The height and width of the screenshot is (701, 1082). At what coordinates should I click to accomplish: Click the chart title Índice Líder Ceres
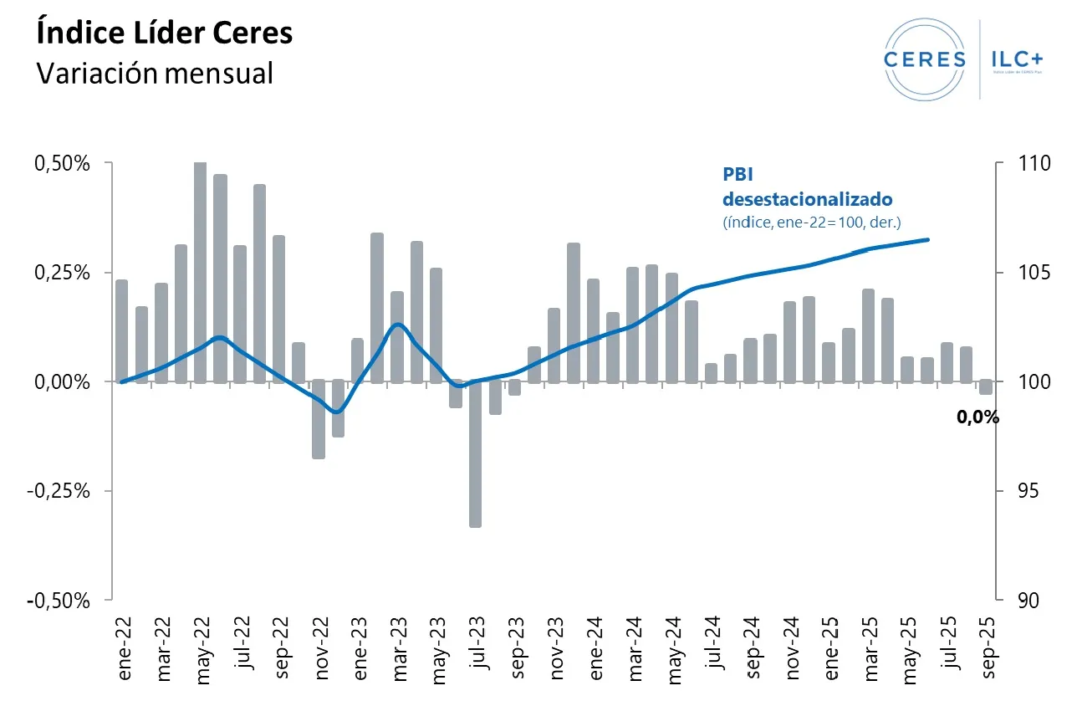point(164,33)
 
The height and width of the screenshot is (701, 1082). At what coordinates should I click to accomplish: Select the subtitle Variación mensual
point(155,73)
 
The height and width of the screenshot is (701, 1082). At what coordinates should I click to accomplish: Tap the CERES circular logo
point(922,59)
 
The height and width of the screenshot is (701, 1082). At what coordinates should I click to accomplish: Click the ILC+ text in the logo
point(1017,59)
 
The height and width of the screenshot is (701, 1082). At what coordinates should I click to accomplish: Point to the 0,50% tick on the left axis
point(60,163)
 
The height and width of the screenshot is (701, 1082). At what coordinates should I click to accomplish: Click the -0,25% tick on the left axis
point(58,491)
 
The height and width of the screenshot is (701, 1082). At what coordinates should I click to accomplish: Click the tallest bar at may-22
point(201,272)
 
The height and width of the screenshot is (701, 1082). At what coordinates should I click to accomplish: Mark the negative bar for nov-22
point(319,419)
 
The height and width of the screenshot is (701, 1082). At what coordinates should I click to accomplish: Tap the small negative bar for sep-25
point(986,387)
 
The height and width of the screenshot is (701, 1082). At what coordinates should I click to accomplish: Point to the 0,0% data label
point(977,417)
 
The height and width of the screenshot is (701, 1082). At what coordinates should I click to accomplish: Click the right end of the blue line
point(928,240)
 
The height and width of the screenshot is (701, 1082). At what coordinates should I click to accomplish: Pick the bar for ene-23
point(357,361)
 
